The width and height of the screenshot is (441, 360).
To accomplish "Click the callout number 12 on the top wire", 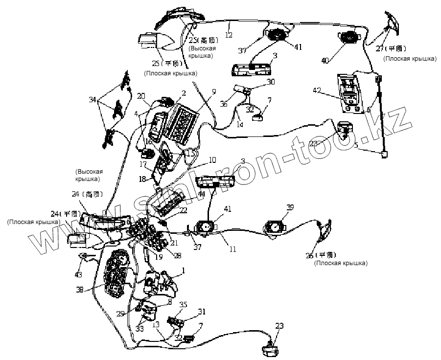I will tap(229, 35).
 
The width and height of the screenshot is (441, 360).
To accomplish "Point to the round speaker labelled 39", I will tap(275, 227).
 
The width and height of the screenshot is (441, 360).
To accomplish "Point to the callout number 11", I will tap(232, 249).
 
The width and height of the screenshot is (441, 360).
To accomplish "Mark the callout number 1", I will tap(184, 270).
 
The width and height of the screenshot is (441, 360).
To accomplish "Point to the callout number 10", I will tap(212, 160).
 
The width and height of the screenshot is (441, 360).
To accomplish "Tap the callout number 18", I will tap(142, 180).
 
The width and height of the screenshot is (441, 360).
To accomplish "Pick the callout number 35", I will tap(183, 305).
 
